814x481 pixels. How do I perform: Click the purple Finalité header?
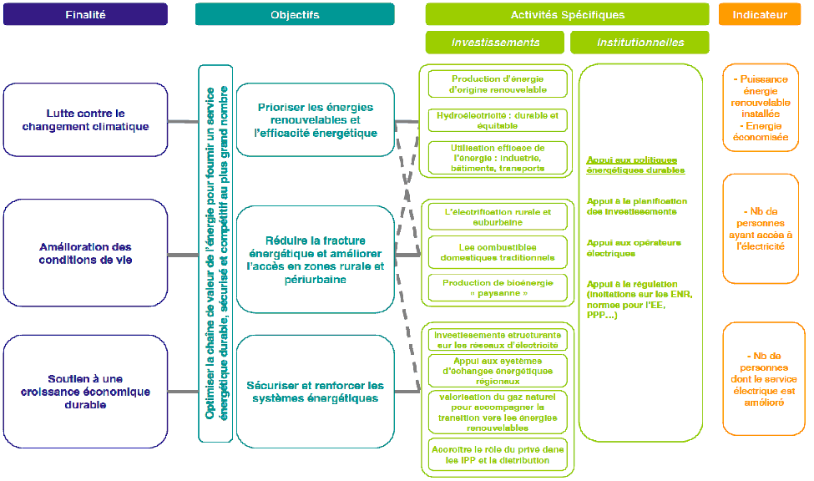85,14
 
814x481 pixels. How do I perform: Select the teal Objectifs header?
295,14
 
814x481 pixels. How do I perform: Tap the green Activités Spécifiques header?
567,14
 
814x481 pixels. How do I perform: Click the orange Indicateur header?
759,14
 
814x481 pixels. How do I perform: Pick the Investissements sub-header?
495,43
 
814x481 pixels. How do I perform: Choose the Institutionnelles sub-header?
640,43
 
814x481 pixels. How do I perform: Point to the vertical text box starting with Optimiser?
215,253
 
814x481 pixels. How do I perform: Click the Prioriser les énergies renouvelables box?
315,119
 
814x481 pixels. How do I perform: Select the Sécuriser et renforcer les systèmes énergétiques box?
315,391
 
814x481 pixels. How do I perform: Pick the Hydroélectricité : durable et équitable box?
498,120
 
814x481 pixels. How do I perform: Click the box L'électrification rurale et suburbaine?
498,217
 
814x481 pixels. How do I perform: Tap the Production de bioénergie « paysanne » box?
498,288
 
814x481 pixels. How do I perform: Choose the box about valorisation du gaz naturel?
498,412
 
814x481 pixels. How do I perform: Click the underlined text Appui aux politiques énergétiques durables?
635,165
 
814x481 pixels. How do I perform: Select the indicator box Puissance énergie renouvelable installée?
760,107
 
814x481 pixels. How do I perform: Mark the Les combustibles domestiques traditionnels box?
498,252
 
